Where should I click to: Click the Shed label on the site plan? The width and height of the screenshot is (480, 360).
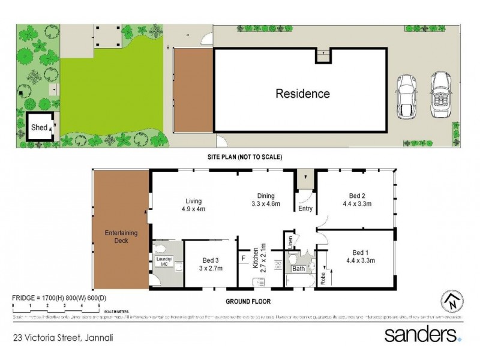click(40, 127)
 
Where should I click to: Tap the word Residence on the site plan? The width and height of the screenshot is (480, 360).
click(302, 94)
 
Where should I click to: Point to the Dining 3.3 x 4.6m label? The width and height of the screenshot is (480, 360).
click(265, 200)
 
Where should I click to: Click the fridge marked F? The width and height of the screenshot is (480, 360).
click(243, 258)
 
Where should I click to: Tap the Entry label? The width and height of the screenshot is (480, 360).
click(305, 209)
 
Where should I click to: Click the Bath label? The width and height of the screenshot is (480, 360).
click(299, 269)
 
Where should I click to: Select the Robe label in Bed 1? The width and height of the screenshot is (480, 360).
click(323, 277)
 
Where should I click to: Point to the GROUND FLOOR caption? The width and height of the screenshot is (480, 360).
click(247, 300)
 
